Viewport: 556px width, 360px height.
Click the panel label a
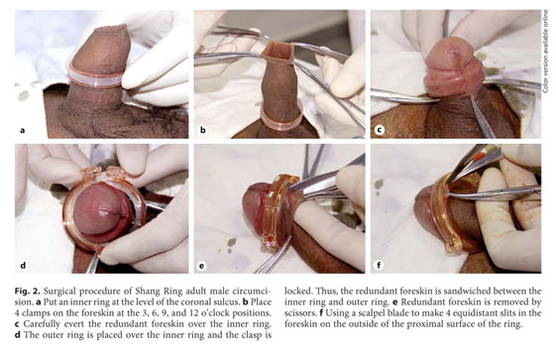click(23, 131)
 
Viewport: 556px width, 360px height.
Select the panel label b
click(203, 130)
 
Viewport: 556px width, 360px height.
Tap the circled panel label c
click(380, 130)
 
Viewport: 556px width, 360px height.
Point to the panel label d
click(23, 266)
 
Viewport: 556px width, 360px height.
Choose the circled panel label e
click(202, 266)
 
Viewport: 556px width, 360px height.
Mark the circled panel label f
click(380, 265)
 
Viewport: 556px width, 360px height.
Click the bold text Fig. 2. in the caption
click(28, 292)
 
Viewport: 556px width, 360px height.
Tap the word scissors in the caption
click(299, 313)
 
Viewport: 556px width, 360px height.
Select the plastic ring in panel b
click(281, 120)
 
